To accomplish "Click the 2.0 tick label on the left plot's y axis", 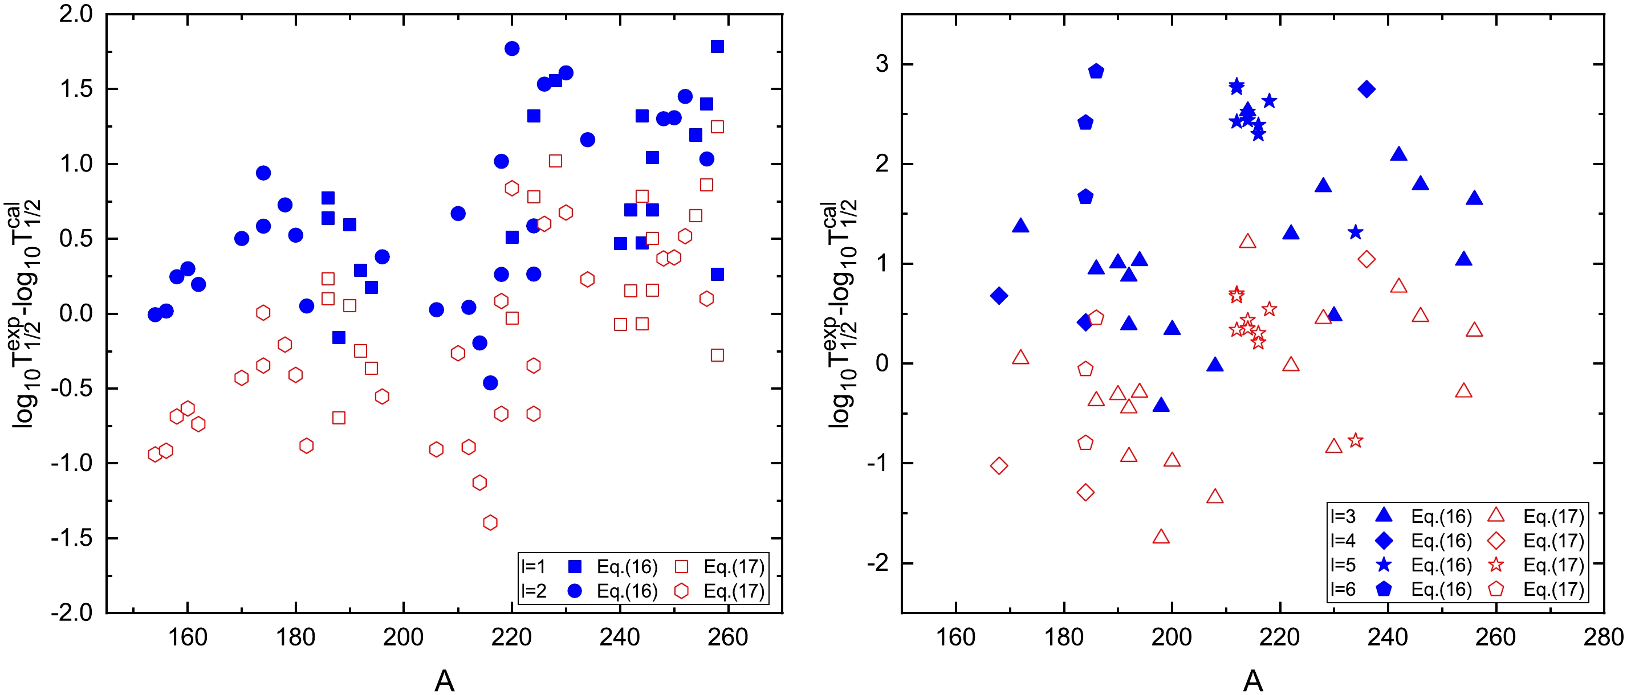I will tap(76, 14).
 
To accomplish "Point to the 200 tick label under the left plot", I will tap(404, 637).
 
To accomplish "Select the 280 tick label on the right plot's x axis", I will tap(1604, 637).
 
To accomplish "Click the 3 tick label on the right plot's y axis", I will tap(882, 64).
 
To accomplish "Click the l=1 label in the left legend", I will tap(533, 566).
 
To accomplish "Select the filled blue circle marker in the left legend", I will tap(575, 591).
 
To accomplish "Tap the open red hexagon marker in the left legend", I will tap(681, 591).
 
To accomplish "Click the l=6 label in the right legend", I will tap(1343, 589).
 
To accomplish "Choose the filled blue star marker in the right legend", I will tap(1384, 565).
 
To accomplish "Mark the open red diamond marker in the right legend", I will tap(1496, 541).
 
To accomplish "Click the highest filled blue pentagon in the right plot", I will tap(1096, 71).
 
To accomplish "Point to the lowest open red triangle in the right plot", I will tap(1161, 537).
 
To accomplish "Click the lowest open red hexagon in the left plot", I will tap(490, 522).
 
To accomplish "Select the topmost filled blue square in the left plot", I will tap(717, 47).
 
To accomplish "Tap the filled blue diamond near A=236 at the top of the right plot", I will tap(1367, 89).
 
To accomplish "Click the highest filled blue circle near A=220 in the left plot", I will tap(512, 48).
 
